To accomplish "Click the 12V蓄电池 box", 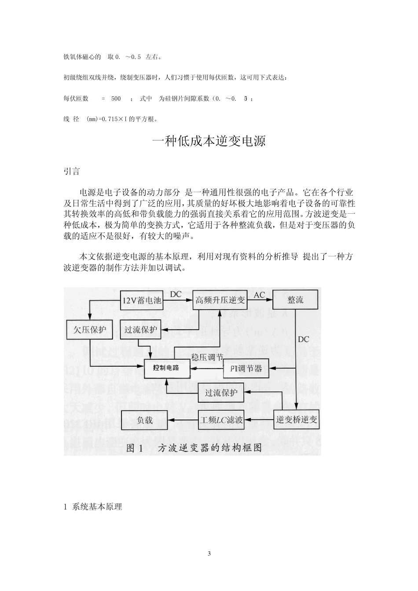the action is pos(141,301).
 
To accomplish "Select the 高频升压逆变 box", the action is pos(220,300).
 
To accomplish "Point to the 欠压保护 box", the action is pos(89,329).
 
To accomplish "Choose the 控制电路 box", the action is pos(166,368).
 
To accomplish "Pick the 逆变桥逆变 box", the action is pos(297,420).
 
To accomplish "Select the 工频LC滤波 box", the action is pos(221,420).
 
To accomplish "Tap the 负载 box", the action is pos(144,420).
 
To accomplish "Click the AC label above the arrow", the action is pos(260,295).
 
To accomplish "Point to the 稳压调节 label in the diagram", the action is pos(207,358).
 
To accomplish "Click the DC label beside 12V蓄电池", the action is pos(176,294).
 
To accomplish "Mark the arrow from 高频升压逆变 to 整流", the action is pos(260,301).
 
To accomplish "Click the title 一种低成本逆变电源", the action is pos(209,141).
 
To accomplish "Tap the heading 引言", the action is pos(72,171).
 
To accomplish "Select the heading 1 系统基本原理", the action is pos(93,507).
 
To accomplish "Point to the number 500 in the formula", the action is pos(116,99).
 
